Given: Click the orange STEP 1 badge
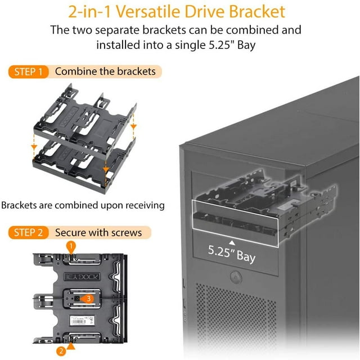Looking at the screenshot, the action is pyautogui.click(x=29, y=72).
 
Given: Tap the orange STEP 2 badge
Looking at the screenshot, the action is pyautogui.click(x=29, y=232).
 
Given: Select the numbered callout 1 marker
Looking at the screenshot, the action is pyautogui.click(x=71, y=247).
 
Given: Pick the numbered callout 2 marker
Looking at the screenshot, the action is pyautogui.click(x=61, y=351).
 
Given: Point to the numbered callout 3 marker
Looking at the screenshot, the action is pyautogui.click(x=88, y=299).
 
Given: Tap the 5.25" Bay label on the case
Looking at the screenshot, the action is pyautogui.click(x=231, y=254).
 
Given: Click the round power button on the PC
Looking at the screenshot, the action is pyautogui.click(x=236, y=277).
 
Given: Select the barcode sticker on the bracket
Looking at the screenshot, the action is pyautogui.click(x=82, y=320).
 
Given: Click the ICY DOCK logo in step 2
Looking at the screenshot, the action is pyautogui.click(x=82, y=277).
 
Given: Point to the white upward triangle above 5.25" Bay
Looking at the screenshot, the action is pyautogui.click(x=232, y=242).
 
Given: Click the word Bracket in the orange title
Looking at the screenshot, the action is pyautogui.click(x=257, y=11).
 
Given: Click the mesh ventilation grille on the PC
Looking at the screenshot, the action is pyautogui.click(x=236, y=317).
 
